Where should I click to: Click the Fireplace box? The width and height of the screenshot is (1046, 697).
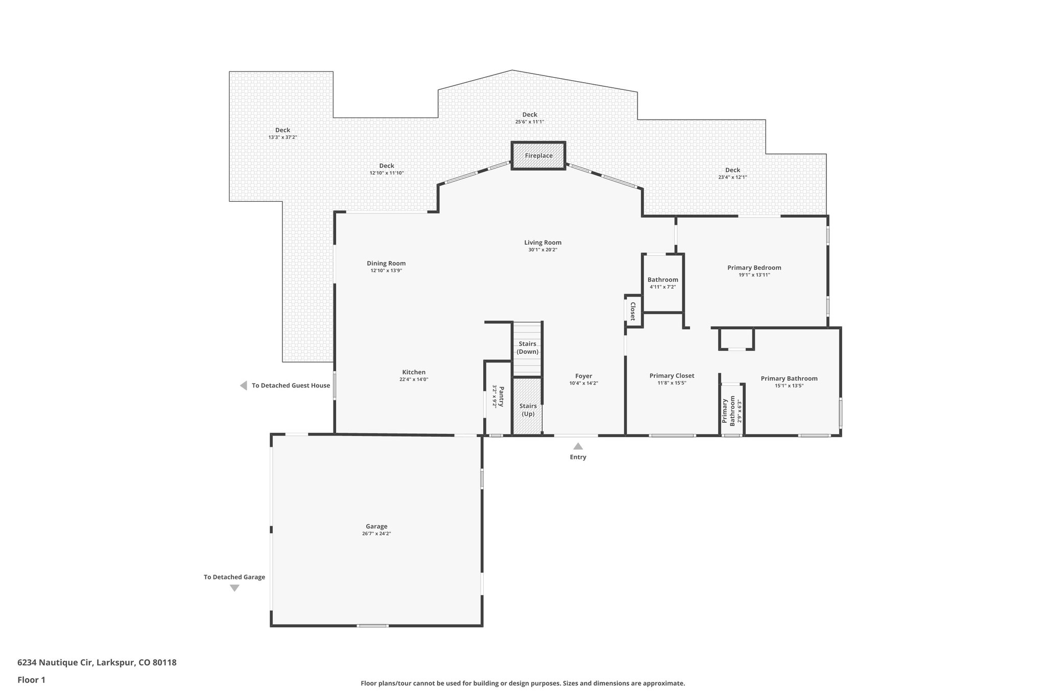click(x=538, y=156)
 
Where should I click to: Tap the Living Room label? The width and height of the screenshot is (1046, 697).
click(x=542, y=243)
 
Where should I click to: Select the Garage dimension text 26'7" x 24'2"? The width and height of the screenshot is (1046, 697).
click(x=376, y=534)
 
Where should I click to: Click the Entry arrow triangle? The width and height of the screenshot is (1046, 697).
click(x=578, y=446)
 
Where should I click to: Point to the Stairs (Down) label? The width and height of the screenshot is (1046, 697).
click(x=527, y=348)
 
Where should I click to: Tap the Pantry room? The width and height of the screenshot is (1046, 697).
click(x=498, y=397)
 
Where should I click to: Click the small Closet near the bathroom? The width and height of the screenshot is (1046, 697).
click(x=633, y=310)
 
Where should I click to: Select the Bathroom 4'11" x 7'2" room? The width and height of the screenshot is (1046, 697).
click(x=662, y=283)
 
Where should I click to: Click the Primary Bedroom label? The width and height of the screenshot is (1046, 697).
click(x=754, y=268)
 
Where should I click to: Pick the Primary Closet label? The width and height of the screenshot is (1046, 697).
click(x=672, y=376)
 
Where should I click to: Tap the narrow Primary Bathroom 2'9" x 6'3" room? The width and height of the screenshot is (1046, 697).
click(x=731, y=410)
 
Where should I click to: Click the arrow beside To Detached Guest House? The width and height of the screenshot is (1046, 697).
click(x=244, y=386)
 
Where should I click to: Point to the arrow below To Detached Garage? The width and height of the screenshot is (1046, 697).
click(x=234, y=588)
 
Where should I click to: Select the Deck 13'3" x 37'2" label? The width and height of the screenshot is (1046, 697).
click(x=282, y=130)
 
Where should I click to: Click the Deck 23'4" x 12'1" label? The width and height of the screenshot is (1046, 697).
click(x=732, y=170)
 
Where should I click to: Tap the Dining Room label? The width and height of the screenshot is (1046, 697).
click(x=386, y=263)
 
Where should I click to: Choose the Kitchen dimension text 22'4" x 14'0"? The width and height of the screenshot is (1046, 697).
click(x=414, y=379)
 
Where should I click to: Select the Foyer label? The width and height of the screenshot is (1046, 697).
click(x=583, y=376)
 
